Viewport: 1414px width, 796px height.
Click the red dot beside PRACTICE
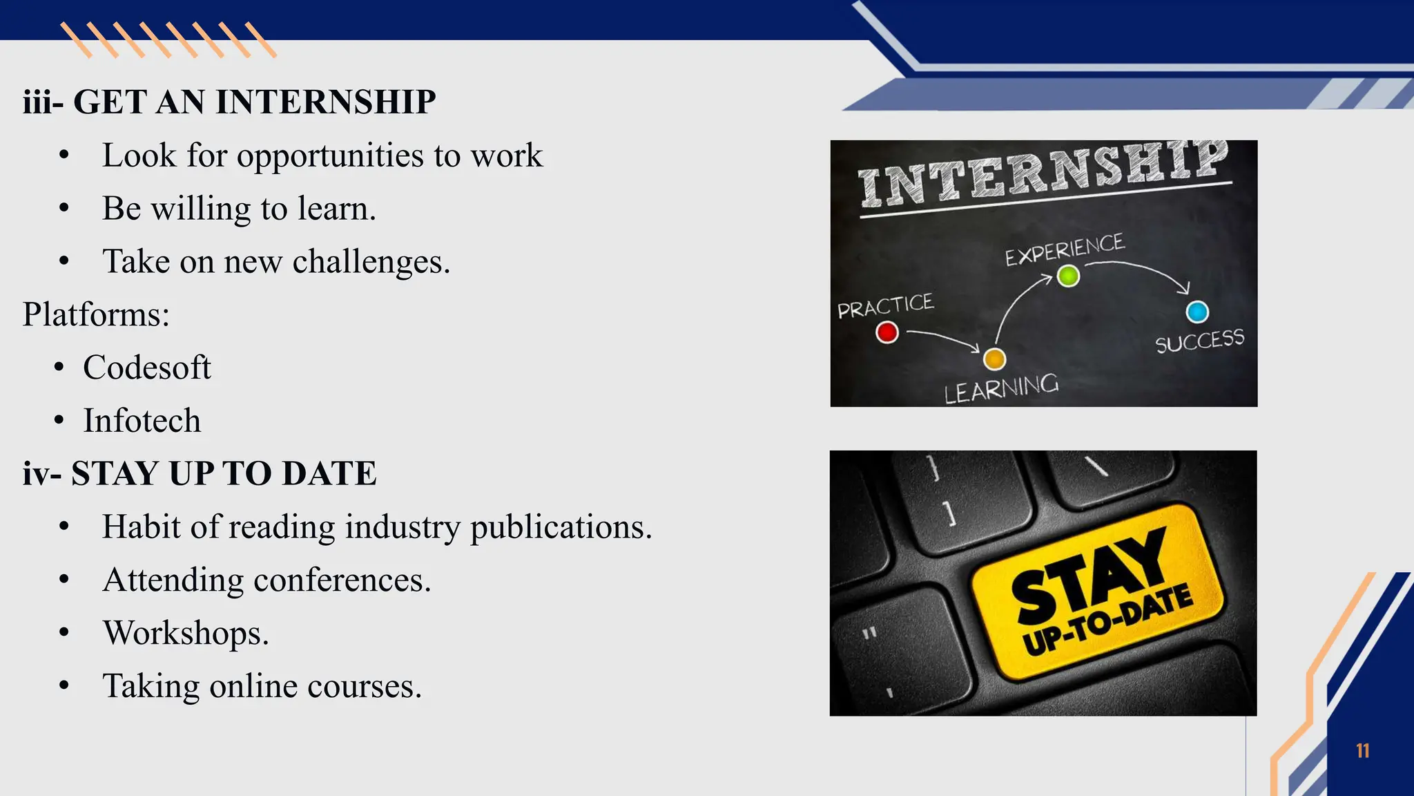click(x=887, y=332)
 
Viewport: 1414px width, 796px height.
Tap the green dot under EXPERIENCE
click(x=1068, y=276)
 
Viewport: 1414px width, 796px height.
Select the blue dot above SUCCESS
click(x=1197, y=312)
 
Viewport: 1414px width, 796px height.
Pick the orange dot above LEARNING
click(x=994, y=359)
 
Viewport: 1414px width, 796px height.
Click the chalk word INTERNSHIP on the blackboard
click(x=1043, y=174)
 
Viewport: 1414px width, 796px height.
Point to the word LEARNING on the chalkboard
click(x=1001, y=388)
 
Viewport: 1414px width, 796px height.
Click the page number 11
click(x=1362, y=751)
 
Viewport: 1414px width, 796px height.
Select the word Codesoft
click(x=146, y=368)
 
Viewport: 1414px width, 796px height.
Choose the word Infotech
click(x=142, y=421)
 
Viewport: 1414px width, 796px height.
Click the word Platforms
click(x=94, y=315)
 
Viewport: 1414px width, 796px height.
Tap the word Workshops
click(x=185, y=633)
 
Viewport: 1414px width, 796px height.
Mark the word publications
click(x=561, y=528)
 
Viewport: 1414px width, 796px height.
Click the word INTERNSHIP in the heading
click(x=325, y=102)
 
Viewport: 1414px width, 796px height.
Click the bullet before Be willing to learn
click(x=64, y=208)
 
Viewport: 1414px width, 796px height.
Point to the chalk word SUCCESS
click(x=1200, y=341)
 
